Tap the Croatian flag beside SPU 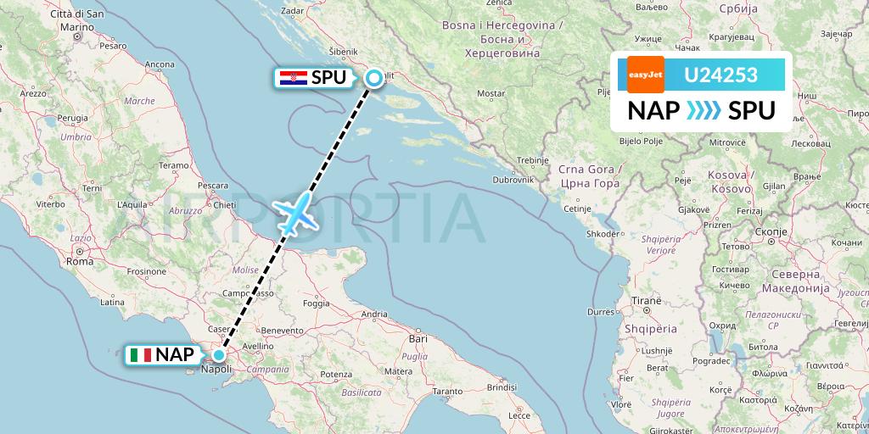pos(293,78)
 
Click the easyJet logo pos(646,75)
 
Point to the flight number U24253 pos(721,75)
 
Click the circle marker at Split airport pos(373,79)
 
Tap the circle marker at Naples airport pos(219,356)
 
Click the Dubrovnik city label pos(513,180)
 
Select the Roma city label pos(79,261)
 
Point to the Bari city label pos(417,338)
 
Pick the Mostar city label pos(491,92)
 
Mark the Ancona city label pos(160,64)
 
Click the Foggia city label pos(316,303)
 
